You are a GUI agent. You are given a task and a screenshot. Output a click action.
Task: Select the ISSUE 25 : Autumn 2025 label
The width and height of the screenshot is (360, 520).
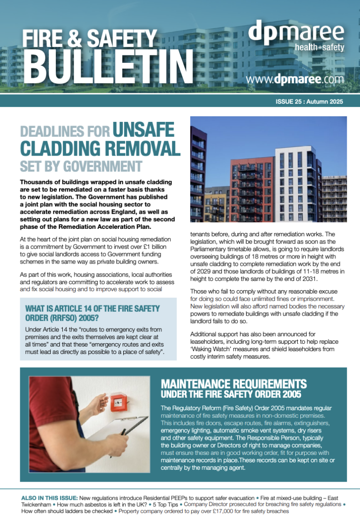pyautogui.click(x=310, y=101)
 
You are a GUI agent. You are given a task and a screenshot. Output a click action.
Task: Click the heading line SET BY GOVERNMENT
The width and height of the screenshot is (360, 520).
pyautogui.click(x=81, y=166)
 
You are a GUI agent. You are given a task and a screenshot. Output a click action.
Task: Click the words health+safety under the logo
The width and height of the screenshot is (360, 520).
pyautogui.click(x=319, y=47)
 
